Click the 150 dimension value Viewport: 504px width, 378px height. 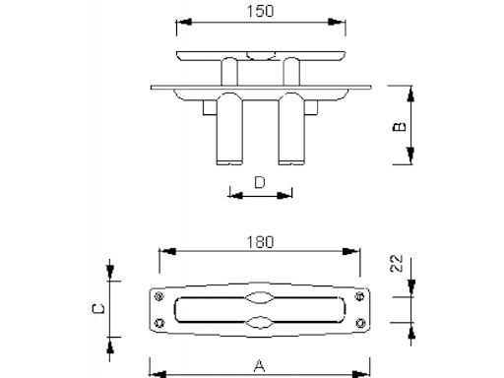tap(260, 11)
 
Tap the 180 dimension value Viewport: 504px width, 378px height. tap(260, 242)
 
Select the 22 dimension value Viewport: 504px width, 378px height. tap(397, 263)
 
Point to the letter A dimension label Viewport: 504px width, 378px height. tap(259, 366)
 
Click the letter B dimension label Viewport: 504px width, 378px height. tap(400, 127)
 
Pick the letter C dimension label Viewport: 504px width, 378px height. tap(98, 309)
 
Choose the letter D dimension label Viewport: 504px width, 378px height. tap(260, 182)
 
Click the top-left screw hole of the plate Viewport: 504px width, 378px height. tap(159, 296)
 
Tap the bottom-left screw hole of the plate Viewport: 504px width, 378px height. tap(159, 323)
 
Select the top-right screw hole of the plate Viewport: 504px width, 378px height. tap(360, 296)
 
